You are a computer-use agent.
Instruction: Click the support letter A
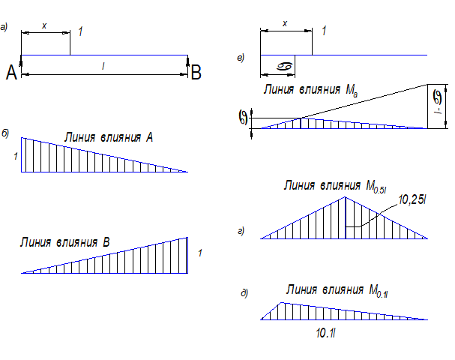click(x=11, y=72)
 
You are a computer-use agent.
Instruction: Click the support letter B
click(x=196, y=72)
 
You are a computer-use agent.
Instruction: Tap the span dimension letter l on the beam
click(x=103, y=67)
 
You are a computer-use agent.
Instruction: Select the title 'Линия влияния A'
click(x=109, y=137)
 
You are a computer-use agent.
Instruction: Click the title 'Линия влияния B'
click(x=66, y=242)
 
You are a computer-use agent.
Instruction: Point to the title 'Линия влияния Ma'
click(x=310, y=88)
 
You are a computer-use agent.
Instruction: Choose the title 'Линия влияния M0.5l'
click(x=335, y=185)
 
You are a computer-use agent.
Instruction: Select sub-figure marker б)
click(x=5, y=133)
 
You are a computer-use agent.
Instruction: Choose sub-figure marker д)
click(x=244, y=292)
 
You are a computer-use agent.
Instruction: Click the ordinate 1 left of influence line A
click(x=14, y=156)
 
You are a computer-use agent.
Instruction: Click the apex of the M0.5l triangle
click(x=345, y=197)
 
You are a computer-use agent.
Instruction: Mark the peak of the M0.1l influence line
click(x=281, y=302)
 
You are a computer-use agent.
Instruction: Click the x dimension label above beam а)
click(x=44, y=25)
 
